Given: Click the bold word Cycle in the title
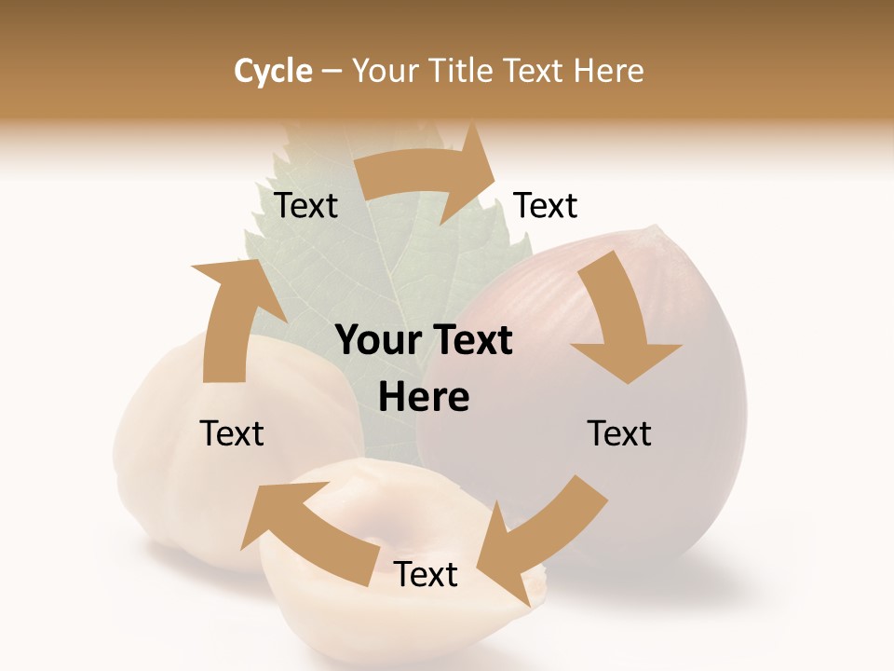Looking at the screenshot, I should [273, 71].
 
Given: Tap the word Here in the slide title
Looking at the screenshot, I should [608, 71].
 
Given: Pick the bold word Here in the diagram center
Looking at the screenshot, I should [424, 398].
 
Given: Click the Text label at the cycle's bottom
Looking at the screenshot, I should [426, 575].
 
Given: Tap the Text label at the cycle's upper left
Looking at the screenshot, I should [305, 205].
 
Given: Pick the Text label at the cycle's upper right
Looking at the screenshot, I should [546, 205].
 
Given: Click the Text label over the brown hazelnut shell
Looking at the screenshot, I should [619, 433].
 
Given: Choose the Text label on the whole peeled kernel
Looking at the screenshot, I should [232, 433].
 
